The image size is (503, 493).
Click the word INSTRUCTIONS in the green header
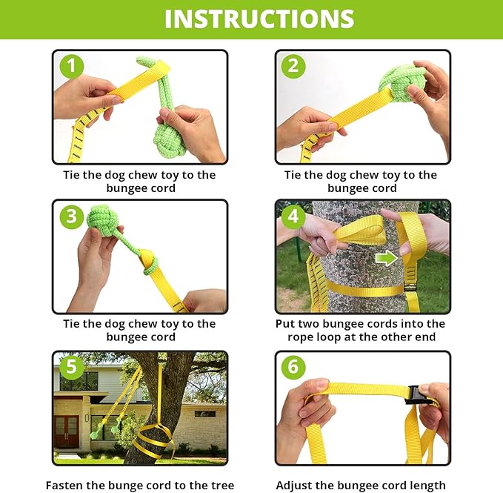pyautogui.click(x=259, y=19)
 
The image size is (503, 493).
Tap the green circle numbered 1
pyautogui.click(x=72, y=67)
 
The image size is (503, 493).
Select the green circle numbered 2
pyautogui.click(x=293, y=67)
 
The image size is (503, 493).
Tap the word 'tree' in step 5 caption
pyautogui.click(x=220, y=486)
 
